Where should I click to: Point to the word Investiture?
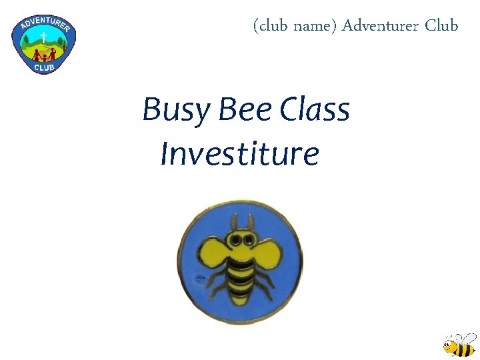pos(240,153)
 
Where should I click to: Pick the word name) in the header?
pos(315,27)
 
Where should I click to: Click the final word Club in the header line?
pos(441,26)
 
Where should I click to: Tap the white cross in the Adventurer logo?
pos(43,35)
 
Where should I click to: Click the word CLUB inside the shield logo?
pos(44,66)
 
